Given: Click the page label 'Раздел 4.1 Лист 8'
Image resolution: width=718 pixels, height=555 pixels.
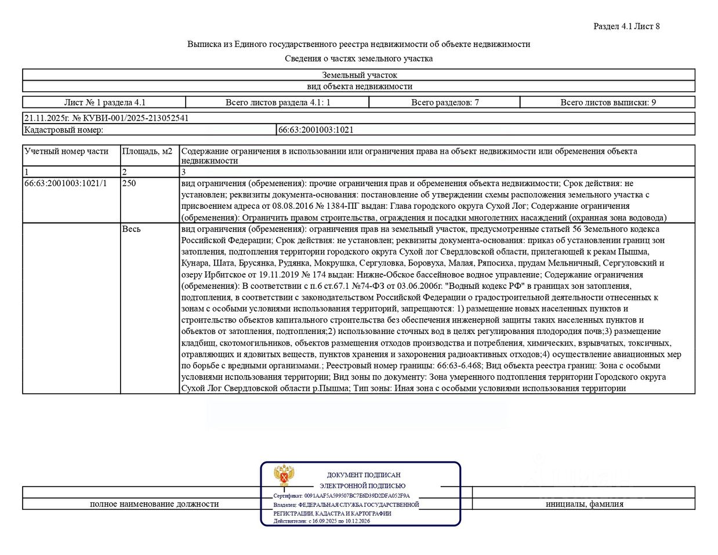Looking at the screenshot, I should click(x=626, y=26).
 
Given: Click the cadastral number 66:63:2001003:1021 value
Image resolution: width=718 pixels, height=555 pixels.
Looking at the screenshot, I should click(x=316, y=130).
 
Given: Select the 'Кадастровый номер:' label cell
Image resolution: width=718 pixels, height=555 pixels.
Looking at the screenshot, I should click(x=63, y=130).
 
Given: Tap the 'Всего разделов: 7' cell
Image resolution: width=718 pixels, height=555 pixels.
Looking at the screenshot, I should click(x=445, y=103).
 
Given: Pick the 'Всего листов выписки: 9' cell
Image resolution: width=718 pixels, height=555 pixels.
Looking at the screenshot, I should click(x=608, y=103).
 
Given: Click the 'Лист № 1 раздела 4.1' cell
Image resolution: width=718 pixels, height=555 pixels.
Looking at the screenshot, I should click(x=104, y=103).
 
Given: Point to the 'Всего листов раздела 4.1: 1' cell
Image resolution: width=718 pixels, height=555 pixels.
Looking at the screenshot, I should click(x=278, y=103).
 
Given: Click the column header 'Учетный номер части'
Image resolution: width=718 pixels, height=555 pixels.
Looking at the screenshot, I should click(x=66, y=151).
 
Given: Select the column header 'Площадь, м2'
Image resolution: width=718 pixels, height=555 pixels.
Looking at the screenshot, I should click(x=147, y=151).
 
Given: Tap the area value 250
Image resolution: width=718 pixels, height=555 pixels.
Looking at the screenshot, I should click(x=129, y=183).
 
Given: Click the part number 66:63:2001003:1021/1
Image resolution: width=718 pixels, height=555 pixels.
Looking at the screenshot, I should click(x=66, y=183).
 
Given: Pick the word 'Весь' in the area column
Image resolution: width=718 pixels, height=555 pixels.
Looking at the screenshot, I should click(x=131, y=229).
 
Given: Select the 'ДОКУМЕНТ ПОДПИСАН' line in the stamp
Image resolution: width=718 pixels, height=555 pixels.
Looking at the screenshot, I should click(x=364, y=475).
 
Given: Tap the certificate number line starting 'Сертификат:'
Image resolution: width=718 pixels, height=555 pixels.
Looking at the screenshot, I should click(x=341, y=496).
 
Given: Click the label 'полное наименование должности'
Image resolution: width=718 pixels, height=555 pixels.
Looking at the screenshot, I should click(x=154, y=504).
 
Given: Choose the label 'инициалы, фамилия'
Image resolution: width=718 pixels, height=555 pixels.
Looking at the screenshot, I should click(x=584, y=504).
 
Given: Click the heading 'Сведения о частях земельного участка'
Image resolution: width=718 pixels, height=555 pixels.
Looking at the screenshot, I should click(x=358, y=59).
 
